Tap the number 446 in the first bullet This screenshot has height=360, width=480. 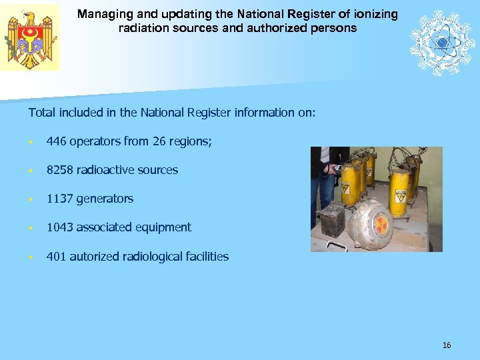click(56, 141)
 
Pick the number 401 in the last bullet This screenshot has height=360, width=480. click(56, 257)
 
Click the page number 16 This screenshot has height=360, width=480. click(447, 345)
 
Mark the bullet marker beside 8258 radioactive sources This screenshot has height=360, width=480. click(31, 171)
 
